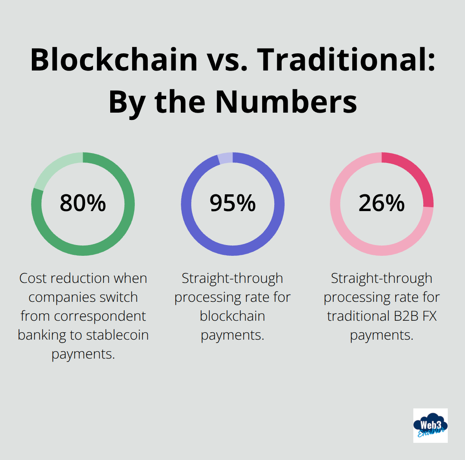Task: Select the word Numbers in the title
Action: click(x=286, y=101)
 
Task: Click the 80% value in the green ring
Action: click(x=83, y=203)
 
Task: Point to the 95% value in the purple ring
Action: click(x=232, y=203)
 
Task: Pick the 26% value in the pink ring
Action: click(x=381, y=203)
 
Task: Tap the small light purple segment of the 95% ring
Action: click(x=225, y=158)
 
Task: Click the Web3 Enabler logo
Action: click(x=430, y=425)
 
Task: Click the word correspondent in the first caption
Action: click(x=101, y=316)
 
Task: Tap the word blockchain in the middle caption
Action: click(x=232, y=316)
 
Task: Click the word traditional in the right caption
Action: click(x=356, y=316)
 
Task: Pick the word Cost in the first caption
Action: click(x=34, y=279)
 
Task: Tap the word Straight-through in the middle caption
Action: click(x=232, y=279)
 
